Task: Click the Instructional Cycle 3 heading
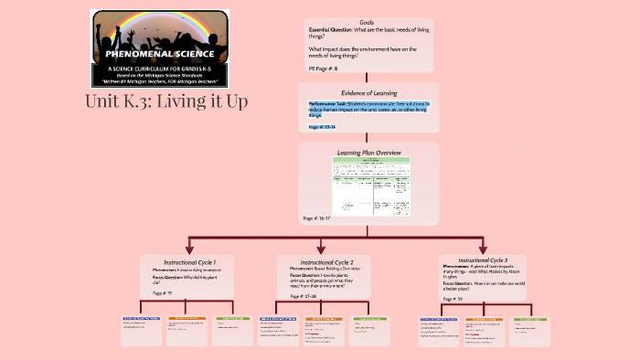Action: [481, 259]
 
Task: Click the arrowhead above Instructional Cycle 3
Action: [483, 248]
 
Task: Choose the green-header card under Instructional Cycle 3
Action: [530, 330]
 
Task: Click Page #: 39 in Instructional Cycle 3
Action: [453, 299]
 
